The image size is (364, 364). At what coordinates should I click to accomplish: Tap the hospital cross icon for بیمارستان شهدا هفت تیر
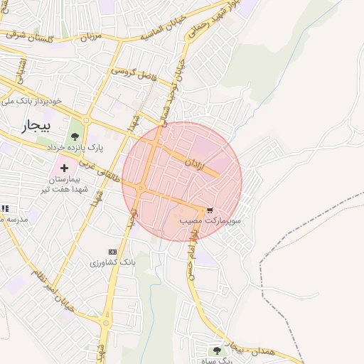click(65, 168)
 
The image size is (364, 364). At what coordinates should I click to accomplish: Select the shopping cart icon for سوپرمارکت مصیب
click(209, 210)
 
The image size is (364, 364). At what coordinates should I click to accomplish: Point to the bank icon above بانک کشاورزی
click(112, 252)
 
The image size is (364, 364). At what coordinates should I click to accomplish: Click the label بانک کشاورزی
click(112, 263)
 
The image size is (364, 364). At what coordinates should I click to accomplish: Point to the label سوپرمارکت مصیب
click(209, 222)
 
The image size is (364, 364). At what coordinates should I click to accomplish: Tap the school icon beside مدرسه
click(5, 208)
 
